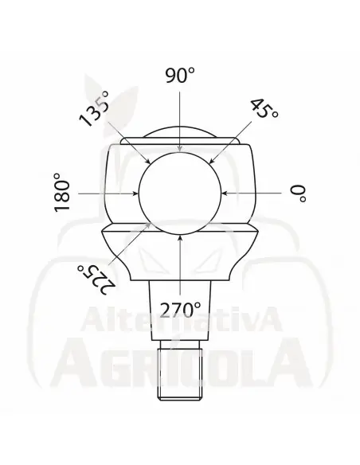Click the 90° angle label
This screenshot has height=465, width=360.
pyautogui.click(x=180, y=76)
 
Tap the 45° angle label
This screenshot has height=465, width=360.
pyautogui.click(x=264, y=111)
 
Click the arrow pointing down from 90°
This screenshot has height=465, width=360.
pyautogui.click(x=180, y=119)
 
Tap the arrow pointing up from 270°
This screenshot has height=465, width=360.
pyautogui.click(x=180, y=267)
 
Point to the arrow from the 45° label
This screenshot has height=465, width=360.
pyautogui.click(x=230, y=143)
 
